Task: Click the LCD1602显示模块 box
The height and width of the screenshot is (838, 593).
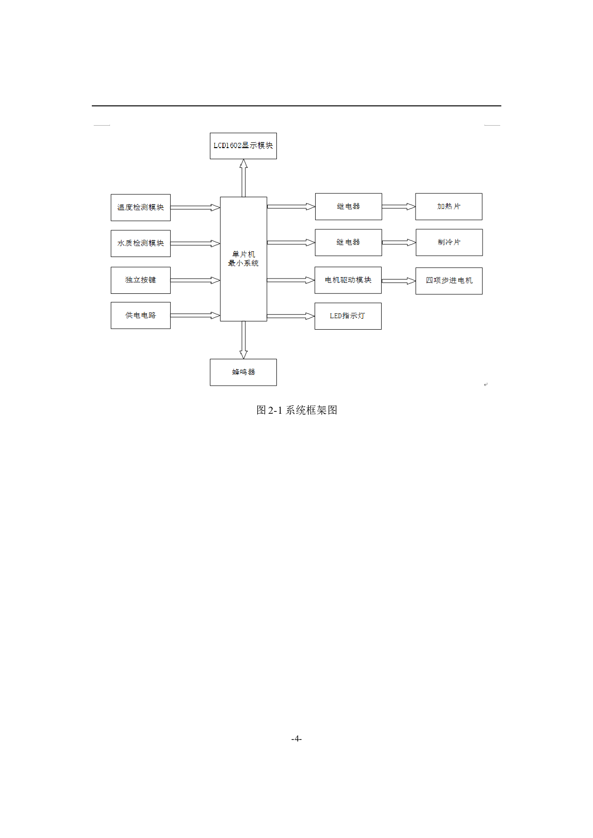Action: coord(243,146)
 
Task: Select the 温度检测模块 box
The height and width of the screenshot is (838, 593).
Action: coord(141,207)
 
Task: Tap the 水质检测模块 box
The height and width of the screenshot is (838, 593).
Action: coord(141,243)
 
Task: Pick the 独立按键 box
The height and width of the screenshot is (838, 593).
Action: coord(141,280)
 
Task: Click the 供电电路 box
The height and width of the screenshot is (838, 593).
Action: coord(141,315)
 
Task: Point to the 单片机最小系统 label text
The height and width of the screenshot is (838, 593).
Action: coord(243,259)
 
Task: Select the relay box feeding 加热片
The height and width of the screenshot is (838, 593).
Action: coord(348,206)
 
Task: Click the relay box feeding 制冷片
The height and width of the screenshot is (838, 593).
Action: coord(348,242)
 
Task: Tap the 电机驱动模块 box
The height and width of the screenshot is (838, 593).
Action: coord(348,280)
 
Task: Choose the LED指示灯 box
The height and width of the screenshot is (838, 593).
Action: coord(348,316)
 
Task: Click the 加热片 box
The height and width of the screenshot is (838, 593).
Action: coord(449,206)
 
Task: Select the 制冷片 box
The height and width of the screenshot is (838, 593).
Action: coord(449,242)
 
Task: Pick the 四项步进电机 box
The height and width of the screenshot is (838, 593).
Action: coord(449,280)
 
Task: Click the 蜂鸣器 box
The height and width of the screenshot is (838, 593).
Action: coord(243,372)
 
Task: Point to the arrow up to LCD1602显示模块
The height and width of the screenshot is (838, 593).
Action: coord(243,178)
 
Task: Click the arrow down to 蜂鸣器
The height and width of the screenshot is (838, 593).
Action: coord(243,340)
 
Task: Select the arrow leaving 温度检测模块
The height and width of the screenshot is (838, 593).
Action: coord(195,207)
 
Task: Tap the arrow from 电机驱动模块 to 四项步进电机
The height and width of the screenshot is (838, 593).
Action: coord(398,281)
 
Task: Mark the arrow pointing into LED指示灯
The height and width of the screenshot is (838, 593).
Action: coord(291,316)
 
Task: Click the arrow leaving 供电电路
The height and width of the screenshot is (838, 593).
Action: coord(195,315)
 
